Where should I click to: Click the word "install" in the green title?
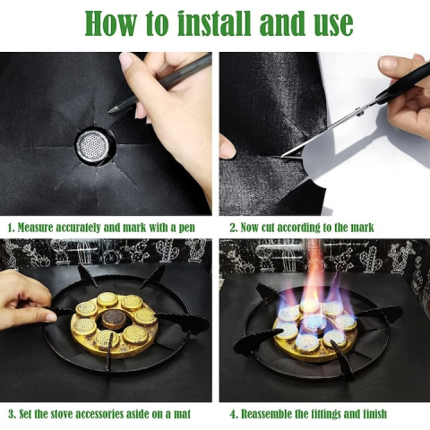214,23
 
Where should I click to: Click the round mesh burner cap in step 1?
95,147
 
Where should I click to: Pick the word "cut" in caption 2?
268,228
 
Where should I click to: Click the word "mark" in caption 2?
362,228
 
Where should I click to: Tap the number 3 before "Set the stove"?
12,414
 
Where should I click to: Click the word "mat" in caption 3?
182,415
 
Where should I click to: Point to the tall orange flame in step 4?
313,269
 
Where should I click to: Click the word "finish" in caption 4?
374,414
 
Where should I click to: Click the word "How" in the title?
110,23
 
